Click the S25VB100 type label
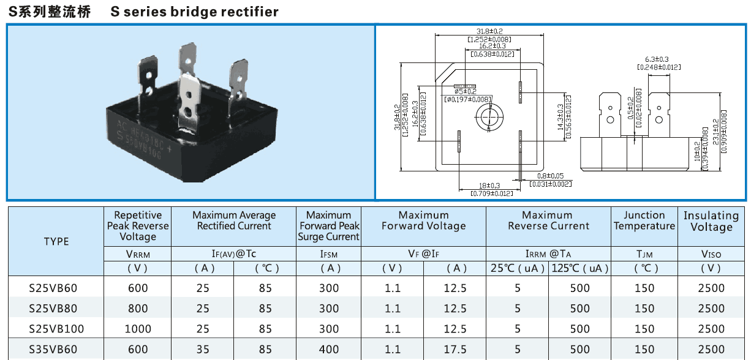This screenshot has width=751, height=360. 56,329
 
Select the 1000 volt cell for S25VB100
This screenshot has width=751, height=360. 138,329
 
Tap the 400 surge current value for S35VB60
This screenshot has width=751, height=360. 328,350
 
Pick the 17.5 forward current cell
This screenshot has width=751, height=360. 455,350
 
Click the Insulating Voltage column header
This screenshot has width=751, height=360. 711,221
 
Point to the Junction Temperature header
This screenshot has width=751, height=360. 644,220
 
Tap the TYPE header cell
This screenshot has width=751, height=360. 56,241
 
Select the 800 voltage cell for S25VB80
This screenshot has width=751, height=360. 138,309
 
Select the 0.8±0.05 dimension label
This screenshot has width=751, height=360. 550,176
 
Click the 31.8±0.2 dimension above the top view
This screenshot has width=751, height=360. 489,31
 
